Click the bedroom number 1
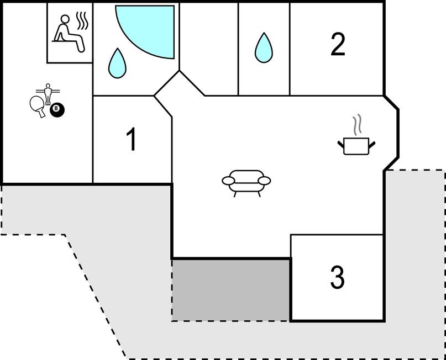point(132,139)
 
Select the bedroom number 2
point(338,44)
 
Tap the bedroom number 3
point(337,277)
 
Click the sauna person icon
point(70,33)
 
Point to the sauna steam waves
point(82,21)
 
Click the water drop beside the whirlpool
point(117,63)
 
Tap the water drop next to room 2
point(264,47)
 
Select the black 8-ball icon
point(57,110)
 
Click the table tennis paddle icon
point(38,105)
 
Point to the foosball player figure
point(48,94)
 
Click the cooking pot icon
point(356,146)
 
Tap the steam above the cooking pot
point(357,124)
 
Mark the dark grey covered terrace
point(230,290)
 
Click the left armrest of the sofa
point(228,181)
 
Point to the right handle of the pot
point(372,145)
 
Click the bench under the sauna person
point(64,41)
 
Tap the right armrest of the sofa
point(264,181)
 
